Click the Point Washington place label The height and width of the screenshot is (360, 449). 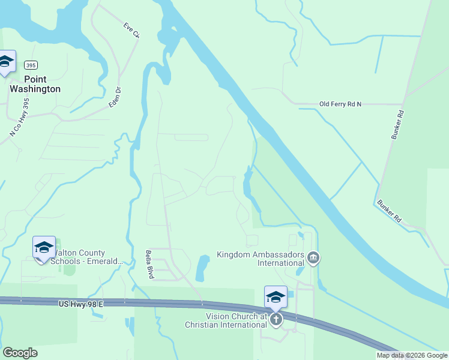pyautogui.click(x=35, y=84)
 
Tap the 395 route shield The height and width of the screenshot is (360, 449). pyautogui.click(x=31, y=65)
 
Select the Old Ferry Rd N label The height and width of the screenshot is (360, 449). pyautogui.click(x=340, y=104)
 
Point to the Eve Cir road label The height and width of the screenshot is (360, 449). pyautogui.click(x=131, y=31)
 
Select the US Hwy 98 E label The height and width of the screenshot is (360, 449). pyautogui.click(x=81, y=305)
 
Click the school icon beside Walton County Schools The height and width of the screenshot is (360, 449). pyautogui.click(x=44, y=247)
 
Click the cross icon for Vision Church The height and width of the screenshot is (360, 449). pyautogui.click(x=276, y=319)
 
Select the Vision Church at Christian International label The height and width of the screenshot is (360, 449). pyautogui.click(x=236, y=320)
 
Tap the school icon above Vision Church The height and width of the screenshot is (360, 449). pyautogui.click(x=276, y=297)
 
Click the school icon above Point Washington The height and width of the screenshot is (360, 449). pyautogui.click(x=5, y=61)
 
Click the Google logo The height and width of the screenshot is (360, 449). pyautogui.click(x=20, y=353)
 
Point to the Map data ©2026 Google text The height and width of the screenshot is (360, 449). pyautogui.click(x=412, y=355)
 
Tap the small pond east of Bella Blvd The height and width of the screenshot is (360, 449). pyautogui.click(x=202, y=268)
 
